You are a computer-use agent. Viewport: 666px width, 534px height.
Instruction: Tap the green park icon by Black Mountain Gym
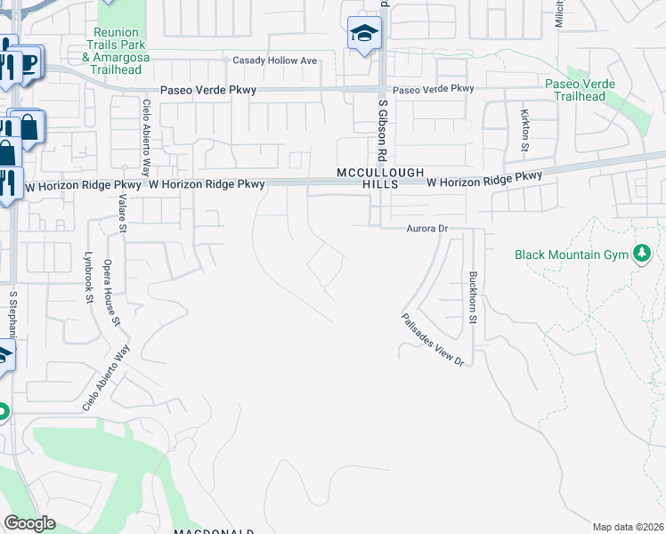click(x=640, y=255)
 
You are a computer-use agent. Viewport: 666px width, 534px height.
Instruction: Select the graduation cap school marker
click(x=363, y=35)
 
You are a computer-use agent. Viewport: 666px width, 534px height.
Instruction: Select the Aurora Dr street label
click(x=426, y=229)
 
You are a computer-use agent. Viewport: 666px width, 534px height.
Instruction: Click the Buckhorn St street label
click(x=474, y=297)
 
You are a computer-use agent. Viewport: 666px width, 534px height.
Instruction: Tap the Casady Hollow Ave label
click(x=274, y=61)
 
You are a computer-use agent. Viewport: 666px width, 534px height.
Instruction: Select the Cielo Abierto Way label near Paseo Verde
click(x=146, y=138)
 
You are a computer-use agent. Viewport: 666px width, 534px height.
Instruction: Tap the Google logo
click(x=29, y=523)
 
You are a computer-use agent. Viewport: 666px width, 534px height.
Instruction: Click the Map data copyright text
click(x=629, y=527)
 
